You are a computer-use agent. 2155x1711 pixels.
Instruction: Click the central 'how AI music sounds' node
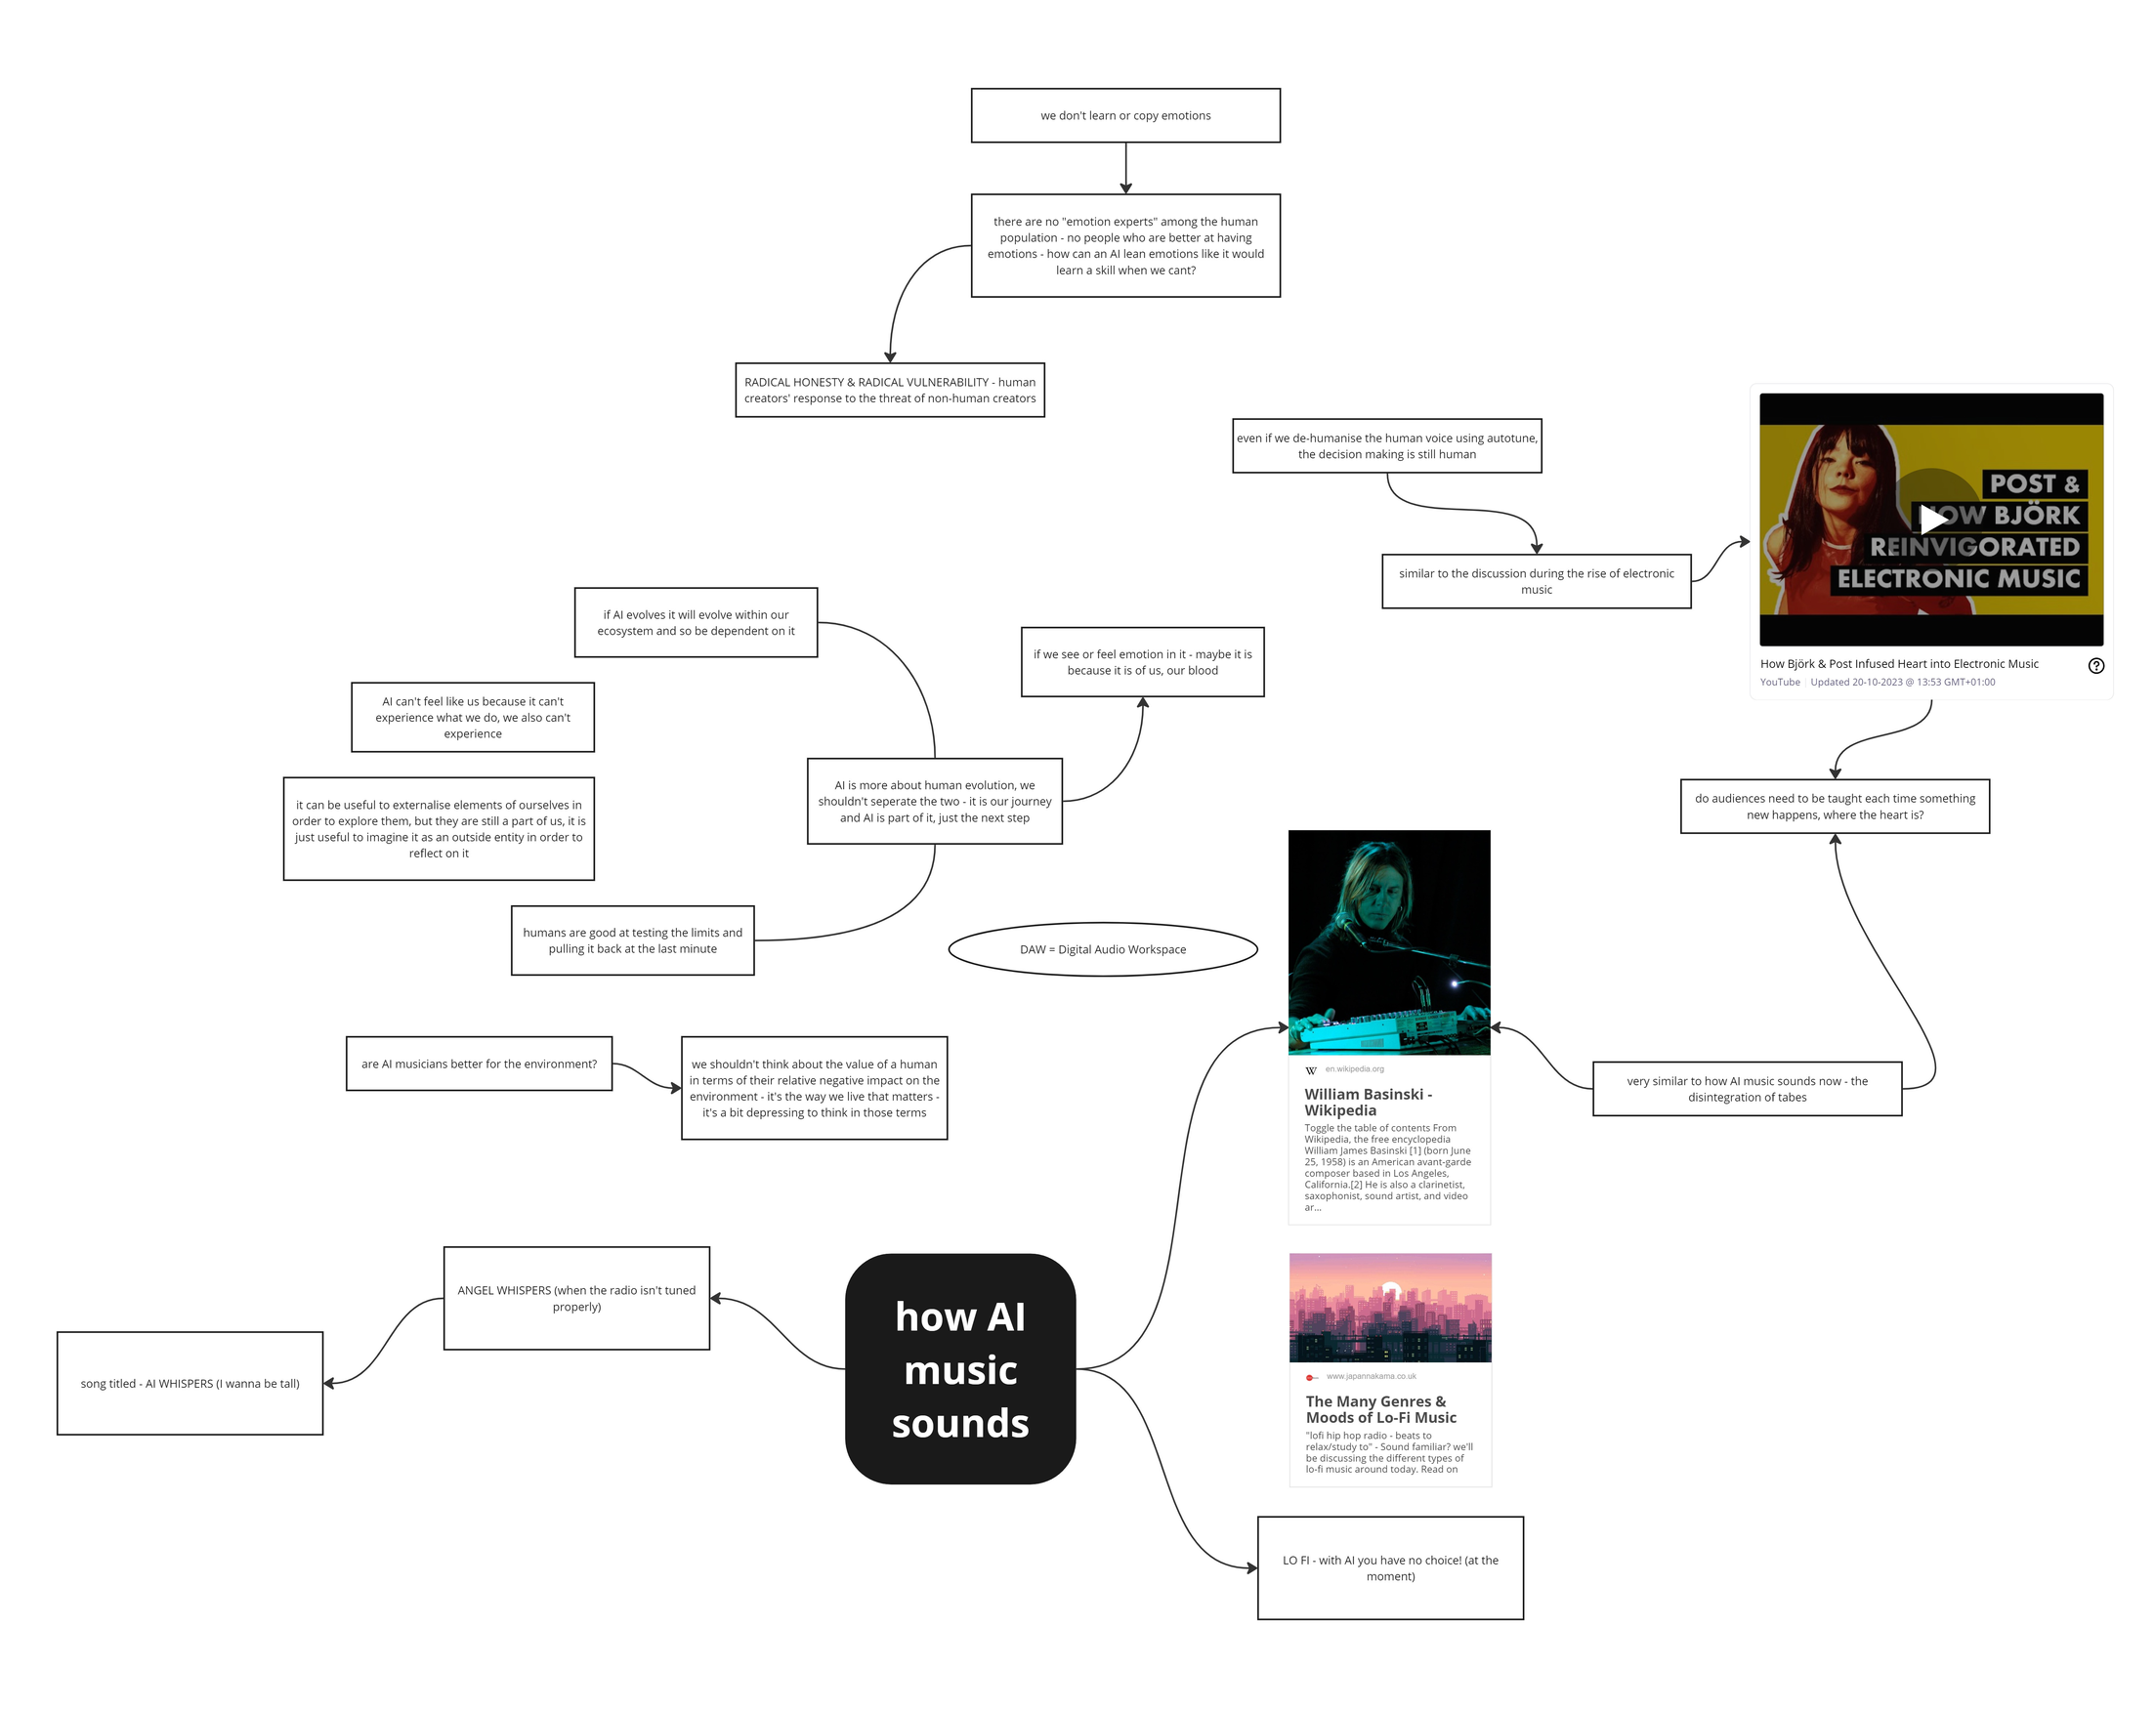click(959, 1368)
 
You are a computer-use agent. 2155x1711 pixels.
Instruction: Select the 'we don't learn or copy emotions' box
click(1124, 115)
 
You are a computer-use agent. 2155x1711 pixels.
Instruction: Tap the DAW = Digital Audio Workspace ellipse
click(1103, 948)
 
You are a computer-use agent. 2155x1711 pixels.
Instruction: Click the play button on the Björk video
click(1932, 519)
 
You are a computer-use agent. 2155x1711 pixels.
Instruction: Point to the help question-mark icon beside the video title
click(2096, 666)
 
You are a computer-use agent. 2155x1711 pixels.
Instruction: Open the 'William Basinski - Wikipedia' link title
click(1367, 1102)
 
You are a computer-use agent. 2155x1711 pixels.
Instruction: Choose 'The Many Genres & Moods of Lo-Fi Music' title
click(1379, 1408)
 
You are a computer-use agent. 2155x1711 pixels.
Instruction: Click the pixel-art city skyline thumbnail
click(1389, 1307)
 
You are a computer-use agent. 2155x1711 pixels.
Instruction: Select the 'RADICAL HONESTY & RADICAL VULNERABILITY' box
click(890, 390)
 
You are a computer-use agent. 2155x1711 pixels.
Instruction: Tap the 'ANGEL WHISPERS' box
click(576, 1297)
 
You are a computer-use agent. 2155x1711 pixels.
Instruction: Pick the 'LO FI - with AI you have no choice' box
click(1389, 1567)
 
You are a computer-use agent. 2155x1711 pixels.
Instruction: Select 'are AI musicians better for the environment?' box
click(479, 1064)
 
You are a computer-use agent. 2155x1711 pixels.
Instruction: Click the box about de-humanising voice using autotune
click(1386, 445)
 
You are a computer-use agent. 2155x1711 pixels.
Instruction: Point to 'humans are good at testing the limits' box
click(632, 939)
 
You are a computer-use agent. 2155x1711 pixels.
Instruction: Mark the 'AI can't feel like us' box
click(473, 717)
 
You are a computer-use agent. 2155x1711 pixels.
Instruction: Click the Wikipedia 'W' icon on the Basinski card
click(1310, 1070)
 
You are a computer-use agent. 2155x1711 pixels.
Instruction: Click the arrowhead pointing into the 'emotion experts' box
click(1125, 188)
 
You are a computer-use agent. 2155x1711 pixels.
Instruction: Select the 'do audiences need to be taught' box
click(1835, 806)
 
